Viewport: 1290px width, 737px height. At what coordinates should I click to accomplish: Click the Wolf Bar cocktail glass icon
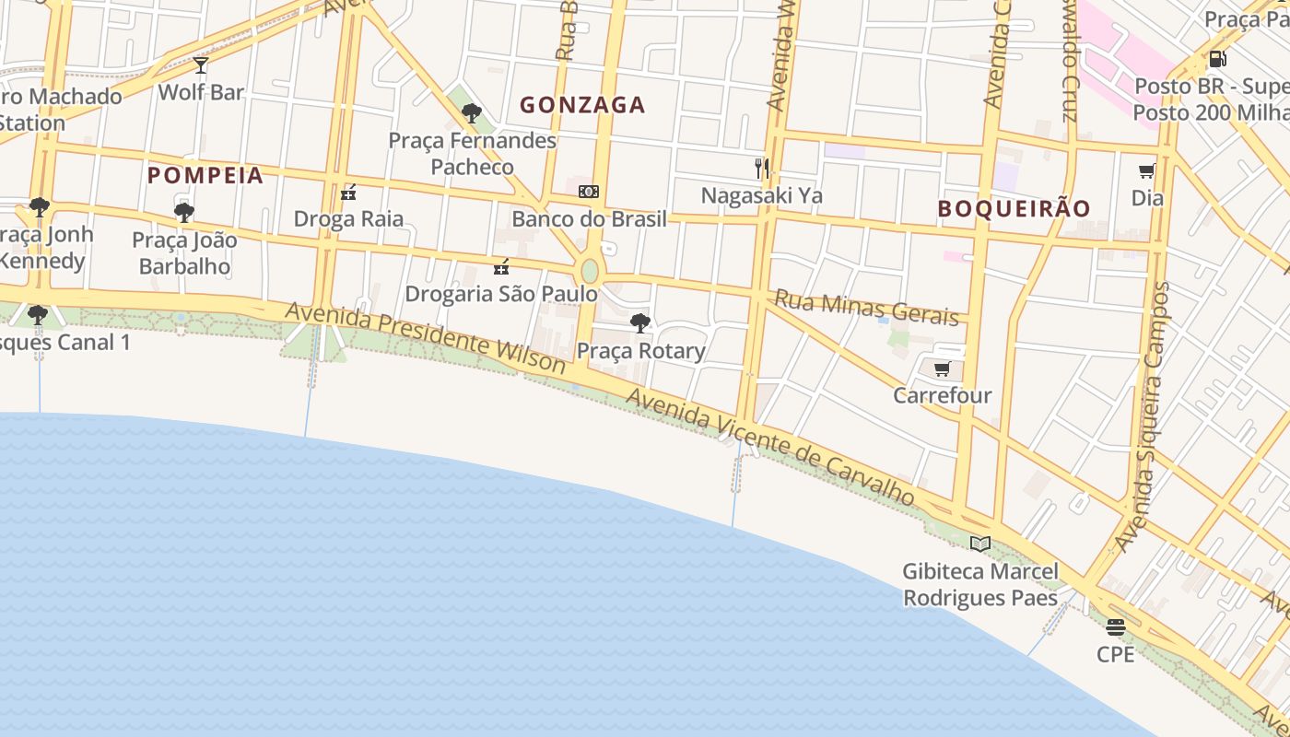(201, 65)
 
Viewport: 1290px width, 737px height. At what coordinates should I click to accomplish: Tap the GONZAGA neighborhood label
(582, 105)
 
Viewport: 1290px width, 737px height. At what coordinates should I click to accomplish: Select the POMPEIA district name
(205, 175)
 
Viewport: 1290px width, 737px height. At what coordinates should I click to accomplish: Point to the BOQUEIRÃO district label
(1014, 208)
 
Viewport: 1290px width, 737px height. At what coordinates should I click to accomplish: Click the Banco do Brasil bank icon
(589, 192)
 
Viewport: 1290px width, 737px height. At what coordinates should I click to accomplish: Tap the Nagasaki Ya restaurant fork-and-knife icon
(762, 168)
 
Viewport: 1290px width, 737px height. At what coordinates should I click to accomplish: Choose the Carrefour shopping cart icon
(942, 369)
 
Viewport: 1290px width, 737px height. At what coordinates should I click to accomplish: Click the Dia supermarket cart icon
(1147, 170)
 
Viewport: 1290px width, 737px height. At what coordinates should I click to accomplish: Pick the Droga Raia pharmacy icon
(348, 193)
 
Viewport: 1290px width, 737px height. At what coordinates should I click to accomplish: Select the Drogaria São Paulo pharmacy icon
(501, 267)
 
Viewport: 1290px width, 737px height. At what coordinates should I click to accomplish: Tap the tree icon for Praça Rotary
(640, 323)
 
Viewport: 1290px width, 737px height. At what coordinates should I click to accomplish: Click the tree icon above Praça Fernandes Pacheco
(472, 113)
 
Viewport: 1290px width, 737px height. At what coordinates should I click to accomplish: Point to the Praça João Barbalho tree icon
(184, 213)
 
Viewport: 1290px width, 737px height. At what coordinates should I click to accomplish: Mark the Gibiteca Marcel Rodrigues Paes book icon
(980, 544)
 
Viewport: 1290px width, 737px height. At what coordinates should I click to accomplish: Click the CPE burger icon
(1116, 627)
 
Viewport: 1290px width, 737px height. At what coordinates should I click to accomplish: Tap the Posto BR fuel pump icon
(1217, 59)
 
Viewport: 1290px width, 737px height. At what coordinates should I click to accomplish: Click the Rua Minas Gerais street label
(866, 308)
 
